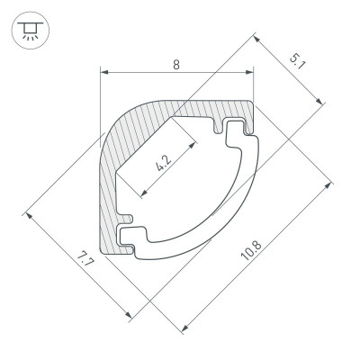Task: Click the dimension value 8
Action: click(x=176, y=65)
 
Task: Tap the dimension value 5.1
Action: click(x=297, y=61)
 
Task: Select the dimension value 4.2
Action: click(x=164, y=164)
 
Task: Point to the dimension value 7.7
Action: click(x=85, y=259)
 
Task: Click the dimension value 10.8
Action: click(x=251, y=251)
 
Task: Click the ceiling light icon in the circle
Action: click(x=30, y=30)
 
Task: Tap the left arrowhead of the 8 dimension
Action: click(x=103, y=72)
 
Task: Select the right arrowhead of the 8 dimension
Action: click(x=249, y=72)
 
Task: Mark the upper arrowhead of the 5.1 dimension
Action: click(x=256, y=40)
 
